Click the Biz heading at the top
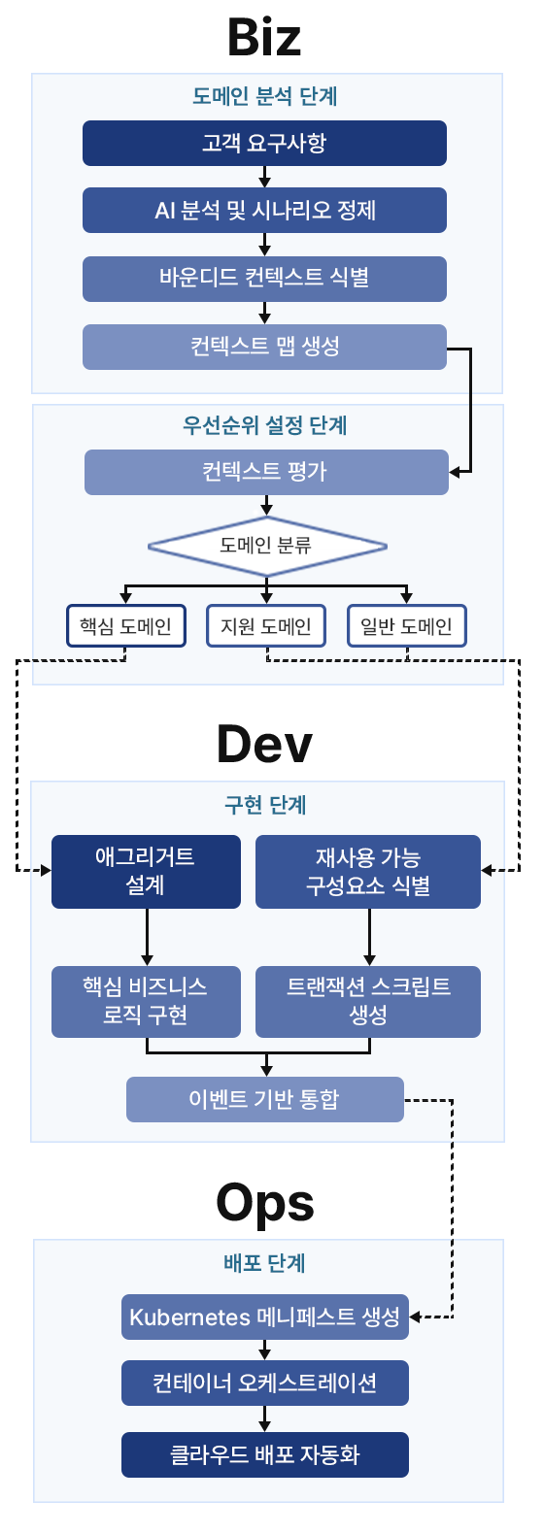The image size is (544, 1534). (x=264, y=38)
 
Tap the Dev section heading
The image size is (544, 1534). (x=264, y=745)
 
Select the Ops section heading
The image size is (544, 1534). (x=264, y=1203)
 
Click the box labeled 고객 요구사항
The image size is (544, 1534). (x=264, y=144)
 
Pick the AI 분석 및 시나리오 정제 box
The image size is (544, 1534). (x=264, y=211)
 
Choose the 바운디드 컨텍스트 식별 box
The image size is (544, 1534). (x=264, y=279)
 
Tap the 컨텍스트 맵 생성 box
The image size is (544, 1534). (x=264, y=347)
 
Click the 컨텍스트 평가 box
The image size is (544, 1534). (x=266, y=473)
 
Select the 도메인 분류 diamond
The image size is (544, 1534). (x=266, y=546)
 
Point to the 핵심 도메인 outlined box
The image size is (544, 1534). (x=126, y=626)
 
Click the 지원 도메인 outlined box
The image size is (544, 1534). (x=266, y=626)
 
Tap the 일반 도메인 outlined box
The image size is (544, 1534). (x=407, y=626)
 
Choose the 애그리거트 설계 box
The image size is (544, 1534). (x=146, y=871)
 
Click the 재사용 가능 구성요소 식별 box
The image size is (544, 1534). (x=368, y=871)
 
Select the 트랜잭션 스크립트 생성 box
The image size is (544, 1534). (x=368, y=1001)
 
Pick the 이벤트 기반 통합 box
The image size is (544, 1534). (x=264, y=1099)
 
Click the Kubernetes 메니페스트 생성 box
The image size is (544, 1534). (x=264, y=1317)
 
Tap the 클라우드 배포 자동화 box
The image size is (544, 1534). (x=264, y=1454)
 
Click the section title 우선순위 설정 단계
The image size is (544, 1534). (x=265, y=425)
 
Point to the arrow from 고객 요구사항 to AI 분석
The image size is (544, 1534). (x=264, y=177)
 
